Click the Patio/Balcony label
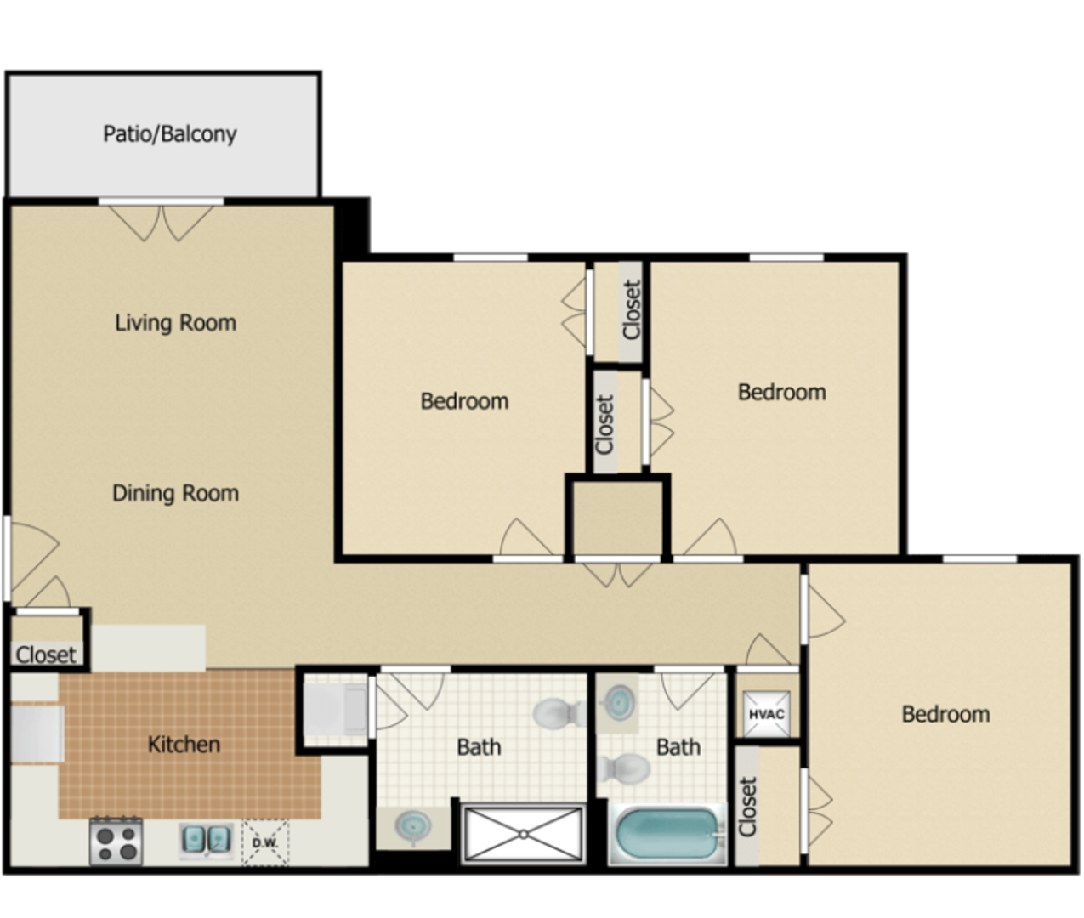(170, 134)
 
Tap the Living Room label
(176, 322)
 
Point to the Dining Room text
(176, 493)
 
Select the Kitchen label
(184, 745)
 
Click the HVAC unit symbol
(766, 714)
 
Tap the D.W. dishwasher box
(265, 842)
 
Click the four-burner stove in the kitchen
(116, 841)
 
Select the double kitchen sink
(207, 839)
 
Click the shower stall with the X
(524, 834)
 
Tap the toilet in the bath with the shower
(559, 713)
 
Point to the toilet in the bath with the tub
(623, 768)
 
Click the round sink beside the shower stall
(414, 826)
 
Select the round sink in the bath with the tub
(619, 702)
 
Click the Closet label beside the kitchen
(46, 654)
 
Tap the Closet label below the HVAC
(748, 807)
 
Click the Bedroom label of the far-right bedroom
(945, 714)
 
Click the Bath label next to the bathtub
(678, 746)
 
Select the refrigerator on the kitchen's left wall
(37, 734)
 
